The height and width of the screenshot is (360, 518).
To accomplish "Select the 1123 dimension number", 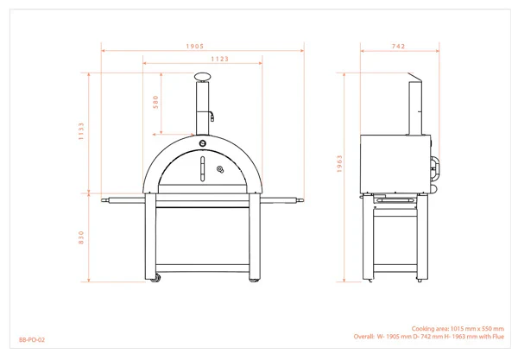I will coord(203,59).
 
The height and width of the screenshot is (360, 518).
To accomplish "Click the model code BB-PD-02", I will coord(32,340).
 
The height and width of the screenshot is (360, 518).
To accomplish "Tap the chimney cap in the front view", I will coord(203,78).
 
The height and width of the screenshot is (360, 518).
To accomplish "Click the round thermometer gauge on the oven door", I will coord(220,169).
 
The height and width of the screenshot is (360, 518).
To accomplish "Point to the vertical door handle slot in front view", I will coord(203,167).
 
